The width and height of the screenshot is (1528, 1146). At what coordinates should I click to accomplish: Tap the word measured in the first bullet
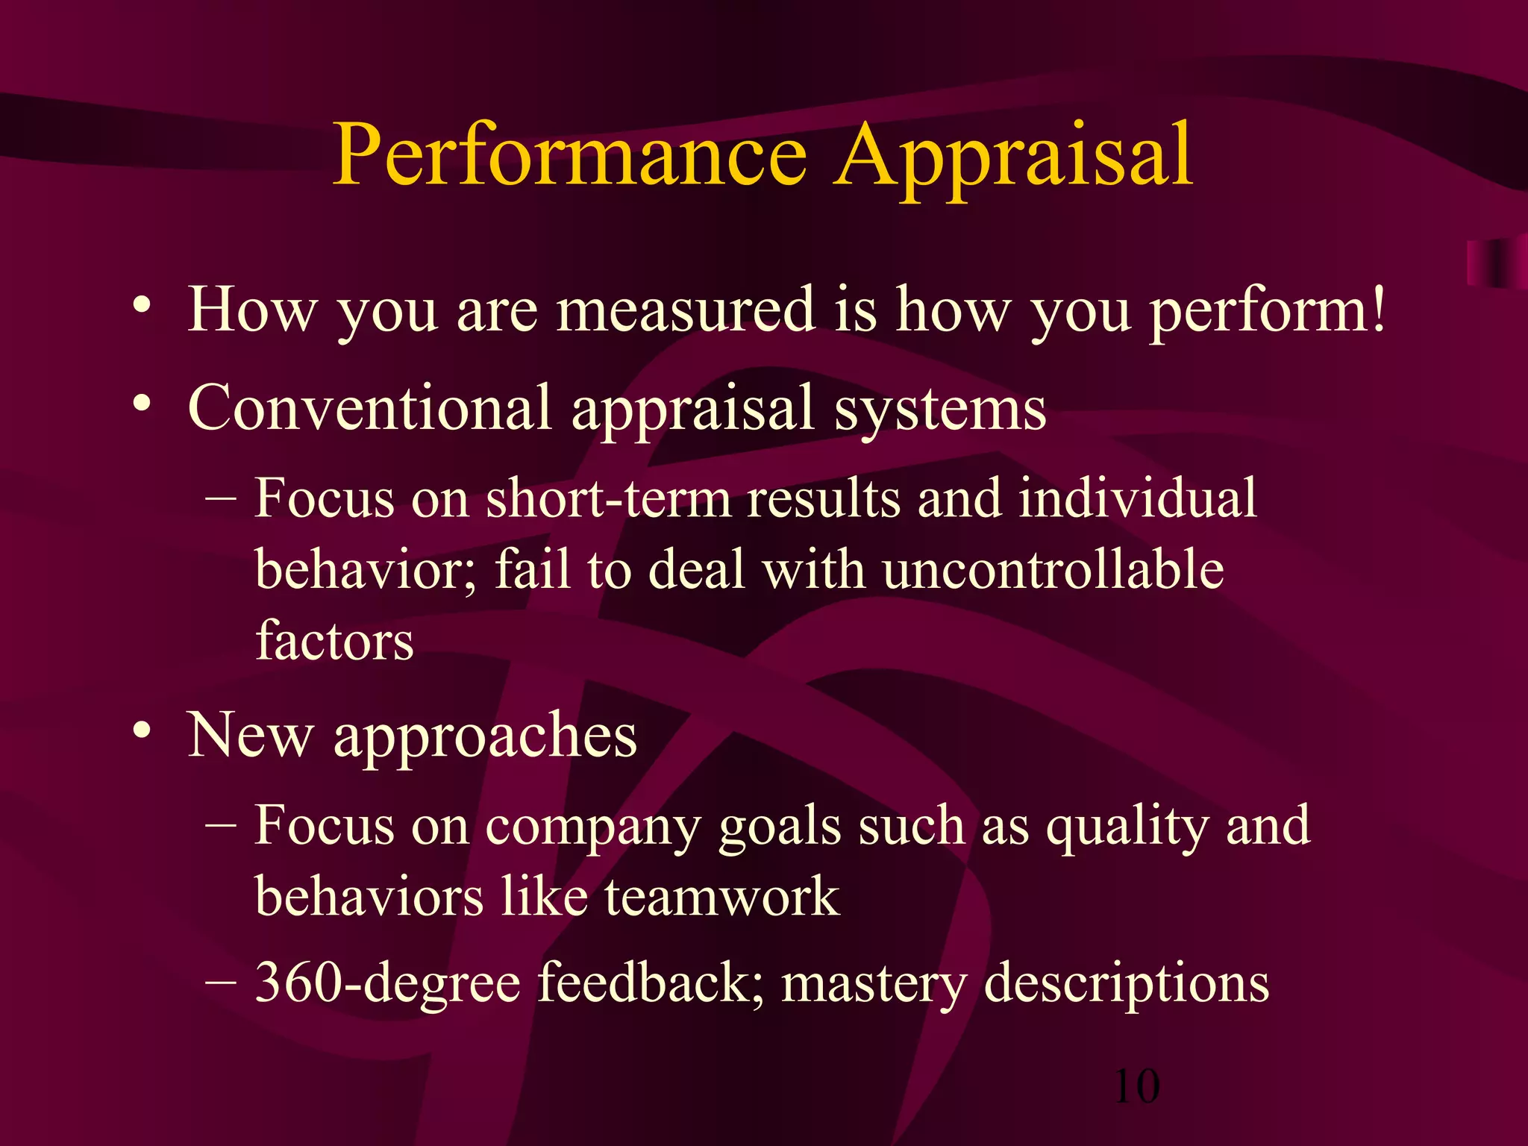(686, 310)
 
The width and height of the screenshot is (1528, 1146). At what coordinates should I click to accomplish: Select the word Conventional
(369, 408)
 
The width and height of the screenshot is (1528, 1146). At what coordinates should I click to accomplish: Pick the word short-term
(608, 498)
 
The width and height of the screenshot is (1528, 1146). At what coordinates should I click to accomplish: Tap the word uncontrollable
(1053, 569)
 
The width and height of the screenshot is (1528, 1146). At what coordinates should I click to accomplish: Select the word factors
(334, 640)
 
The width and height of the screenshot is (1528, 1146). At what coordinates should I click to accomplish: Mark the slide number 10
(1136, 1086)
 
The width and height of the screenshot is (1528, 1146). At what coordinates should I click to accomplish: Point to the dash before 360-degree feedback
(220, 982)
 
